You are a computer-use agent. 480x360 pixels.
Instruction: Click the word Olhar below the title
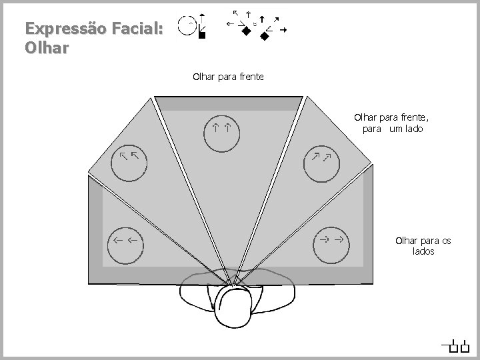pos(45,49)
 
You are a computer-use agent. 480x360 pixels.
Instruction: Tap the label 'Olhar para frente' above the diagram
pos(228,77)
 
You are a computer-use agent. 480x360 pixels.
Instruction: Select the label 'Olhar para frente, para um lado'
pos(393,123)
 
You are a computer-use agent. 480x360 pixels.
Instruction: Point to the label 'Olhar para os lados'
pos(423,245)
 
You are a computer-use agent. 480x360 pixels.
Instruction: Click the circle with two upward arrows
pos(222,131)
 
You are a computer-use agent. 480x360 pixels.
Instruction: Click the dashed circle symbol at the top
pos(189,25)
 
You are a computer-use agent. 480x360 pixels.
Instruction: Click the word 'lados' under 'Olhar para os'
pos(423,251)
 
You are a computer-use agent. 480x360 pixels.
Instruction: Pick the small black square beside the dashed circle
pos(203,35)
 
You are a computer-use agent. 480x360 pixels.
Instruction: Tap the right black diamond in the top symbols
pos(264,37)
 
